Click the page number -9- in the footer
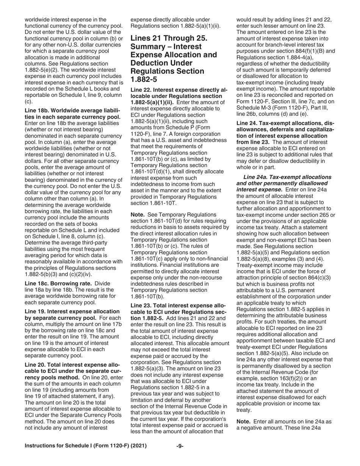click(x=180, y=446)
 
